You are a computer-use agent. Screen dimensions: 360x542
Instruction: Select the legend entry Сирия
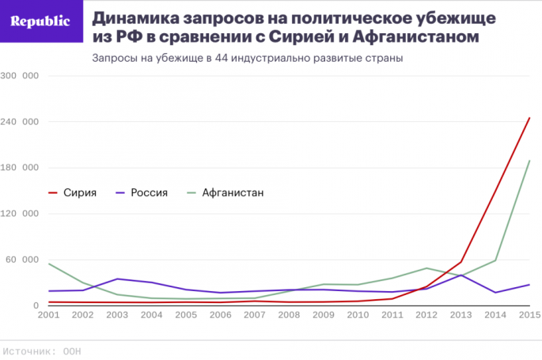(80, 192)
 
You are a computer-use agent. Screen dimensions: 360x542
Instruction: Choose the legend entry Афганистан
(232, 192)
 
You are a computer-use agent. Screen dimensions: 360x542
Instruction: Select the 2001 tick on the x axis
(49, 315)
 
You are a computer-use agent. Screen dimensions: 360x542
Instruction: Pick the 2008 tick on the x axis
(290, 315)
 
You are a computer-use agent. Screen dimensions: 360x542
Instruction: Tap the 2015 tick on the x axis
(529, 315)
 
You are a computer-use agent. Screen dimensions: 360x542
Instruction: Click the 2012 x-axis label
(426, 315)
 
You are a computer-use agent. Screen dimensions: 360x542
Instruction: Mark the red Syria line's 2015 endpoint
(529, 118)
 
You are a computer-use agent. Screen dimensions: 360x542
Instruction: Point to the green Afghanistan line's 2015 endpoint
(529, 161)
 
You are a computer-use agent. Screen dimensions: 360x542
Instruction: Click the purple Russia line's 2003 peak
(118, 279)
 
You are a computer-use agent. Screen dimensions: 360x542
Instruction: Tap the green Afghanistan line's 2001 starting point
(49, 263)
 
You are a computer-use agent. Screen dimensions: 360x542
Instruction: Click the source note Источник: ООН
(42, 351)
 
